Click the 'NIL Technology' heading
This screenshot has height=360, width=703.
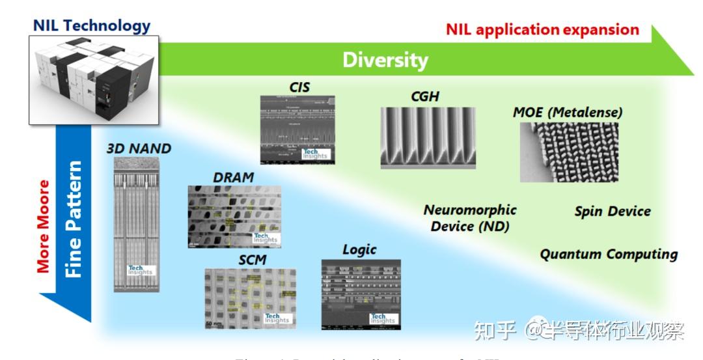point(91,26)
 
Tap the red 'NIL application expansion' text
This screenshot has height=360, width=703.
point(542,29)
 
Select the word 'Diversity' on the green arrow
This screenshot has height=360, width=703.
point(385,60)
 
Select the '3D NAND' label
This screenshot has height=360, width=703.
point(139,148)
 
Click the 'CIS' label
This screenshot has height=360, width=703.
point(299,87)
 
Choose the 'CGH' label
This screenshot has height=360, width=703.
point(425,96)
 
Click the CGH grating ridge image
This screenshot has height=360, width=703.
point(428,137)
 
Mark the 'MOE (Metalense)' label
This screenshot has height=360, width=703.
point(568,112)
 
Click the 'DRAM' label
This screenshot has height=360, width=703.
point(233,177)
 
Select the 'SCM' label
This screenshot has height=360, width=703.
point(252,260)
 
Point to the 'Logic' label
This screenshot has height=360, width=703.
point(359,250)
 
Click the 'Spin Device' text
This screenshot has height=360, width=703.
point(612,211)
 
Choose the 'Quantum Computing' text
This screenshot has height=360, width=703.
point(609,254)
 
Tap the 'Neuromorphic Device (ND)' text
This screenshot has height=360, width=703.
point(469,218)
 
